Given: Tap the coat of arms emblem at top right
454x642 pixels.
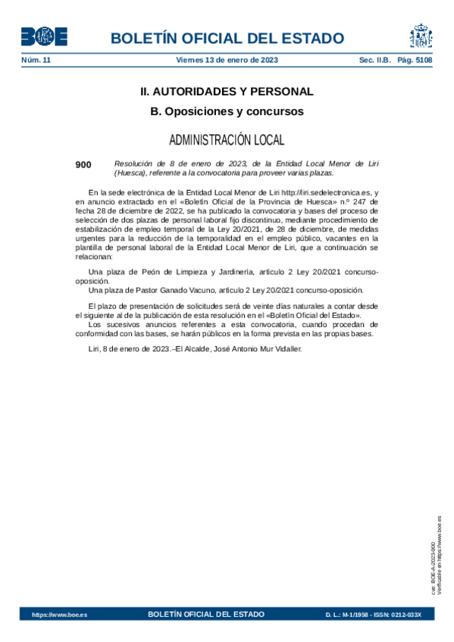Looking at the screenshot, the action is [421, 36].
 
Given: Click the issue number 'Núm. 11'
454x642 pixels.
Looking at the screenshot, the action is [36, 59].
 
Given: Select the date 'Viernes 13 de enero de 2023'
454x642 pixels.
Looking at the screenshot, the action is [227, 59].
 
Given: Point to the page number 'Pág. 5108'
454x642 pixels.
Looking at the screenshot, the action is [414, 59].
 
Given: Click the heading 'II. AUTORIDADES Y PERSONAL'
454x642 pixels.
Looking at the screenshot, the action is [227, 92].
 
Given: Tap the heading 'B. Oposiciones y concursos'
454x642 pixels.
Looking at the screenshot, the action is [227, 112].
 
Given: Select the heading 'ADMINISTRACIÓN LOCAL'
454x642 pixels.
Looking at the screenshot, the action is [227, 140].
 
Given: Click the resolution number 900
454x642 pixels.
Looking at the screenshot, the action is [83, 164].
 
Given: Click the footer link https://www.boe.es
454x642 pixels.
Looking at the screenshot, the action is [59, 615].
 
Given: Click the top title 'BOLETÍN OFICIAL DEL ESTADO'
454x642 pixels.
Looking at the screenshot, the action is [227, 39].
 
